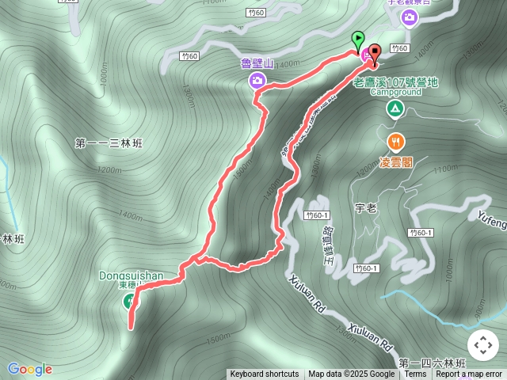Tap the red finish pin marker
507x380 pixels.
[374, 53]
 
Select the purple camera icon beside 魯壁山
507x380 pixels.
[258, 80]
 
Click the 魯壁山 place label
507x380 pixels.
[257, 64]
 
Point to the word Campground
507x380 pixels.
[395, 92]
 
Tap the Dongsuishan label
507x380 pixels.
[132, 275]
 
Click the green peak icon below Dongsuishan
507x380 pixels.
[129, 300]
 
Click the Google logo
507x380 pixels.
[29, 369]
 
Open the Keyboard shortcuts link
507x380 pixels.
[265, 374]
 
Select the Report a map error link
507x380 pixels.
[469, 374]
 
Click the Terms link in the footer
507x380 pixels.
[415, 374]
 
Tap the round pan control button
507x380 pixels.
[482, 345]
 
